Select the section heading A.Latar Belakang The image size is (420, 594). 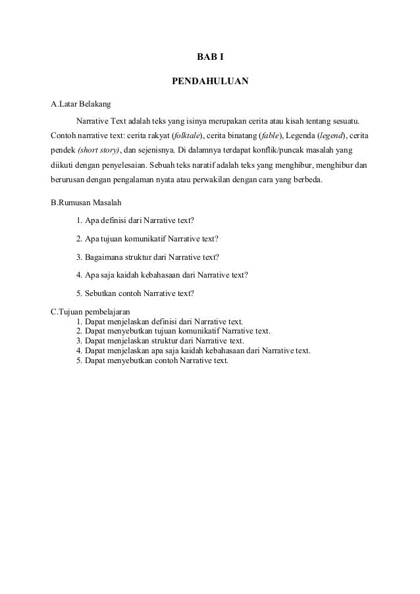tap(81, 105)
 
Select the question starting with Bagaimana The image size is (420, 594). tap(148, 257)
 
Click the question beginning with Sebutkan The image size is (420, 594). tap(138, 293)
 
